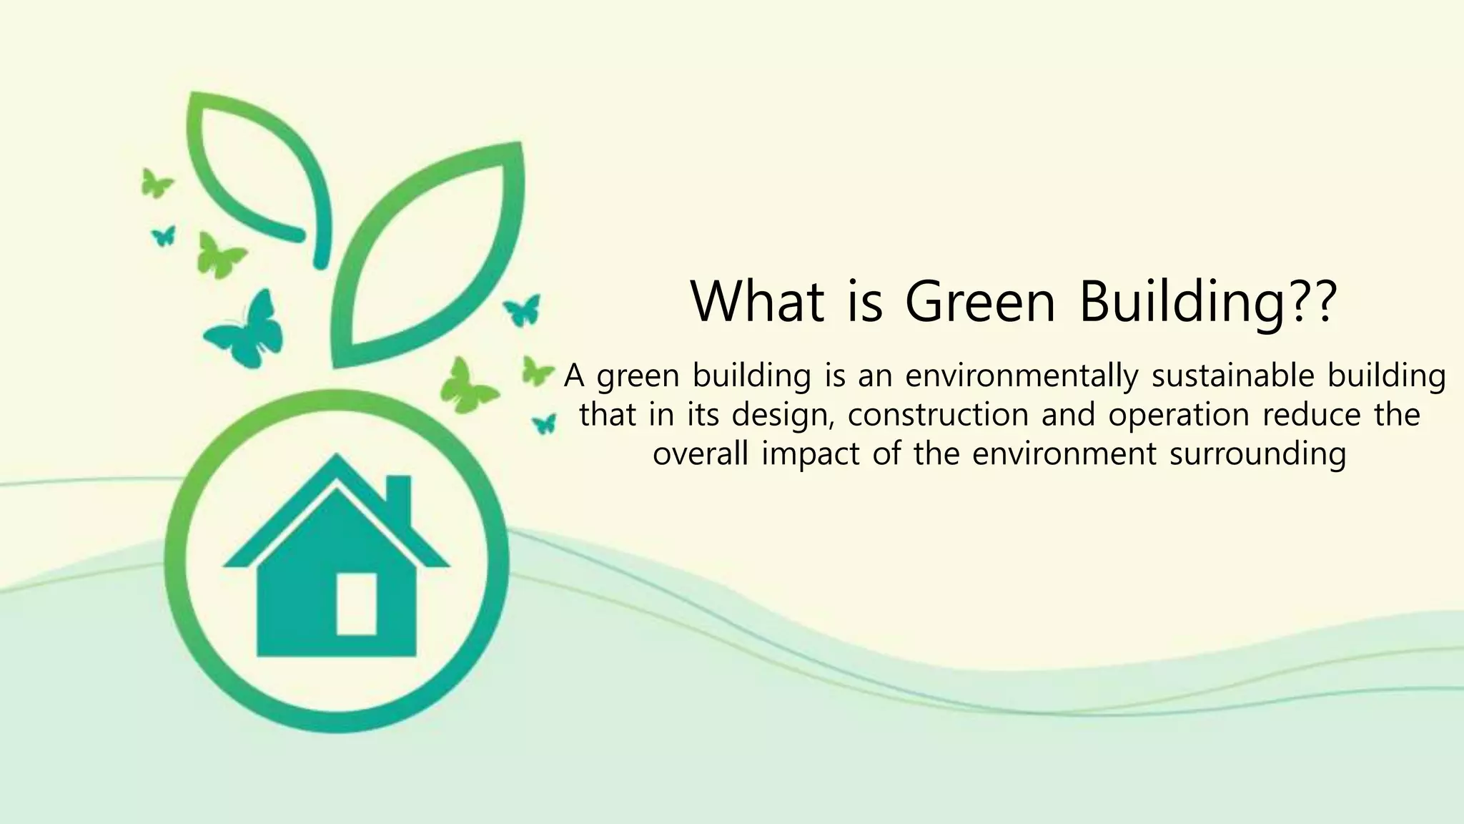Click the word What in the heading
pos(756,301)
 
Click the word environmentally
pos(1022,376)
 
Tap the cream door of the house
pos(356,603)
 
